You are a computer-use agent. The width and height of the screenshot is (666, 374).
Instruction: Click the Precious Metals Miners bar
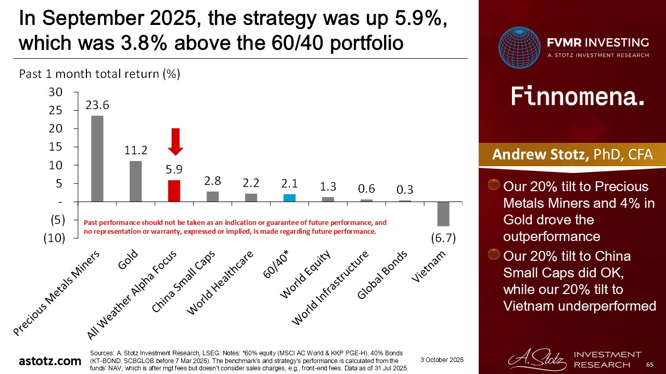click(x=97, y=158)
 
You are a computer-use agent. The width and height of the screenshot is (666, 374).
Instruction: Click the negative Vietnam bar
click(x=443, y=213)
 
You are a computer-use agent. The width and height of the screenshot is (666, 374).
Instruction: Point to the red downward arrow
click(x=176, y=141)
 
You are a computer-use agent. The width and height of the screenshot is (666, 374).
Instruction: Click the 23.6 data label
click(x=97, y=105)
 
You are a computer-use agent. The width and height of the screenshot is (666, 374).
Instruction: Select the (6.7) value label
click(x=443, y=238)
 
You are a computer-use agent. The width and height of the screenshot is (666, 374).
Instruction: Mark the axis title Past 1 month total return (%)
click(x=99, y=74)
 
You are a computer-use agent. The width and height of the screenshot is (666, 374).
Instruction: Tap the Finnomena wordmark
click(x=577, y=97)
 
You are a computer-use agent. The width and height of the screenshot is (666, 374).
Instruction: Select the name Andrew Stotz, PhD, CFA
click(x=572, y=155)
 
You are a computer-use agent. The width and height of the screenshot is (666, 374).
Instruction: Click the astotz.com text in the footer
click(x=50, y=360)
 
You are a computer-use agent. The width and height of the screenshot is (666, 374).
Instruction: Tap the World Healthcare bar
click(x=251, y=197)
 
